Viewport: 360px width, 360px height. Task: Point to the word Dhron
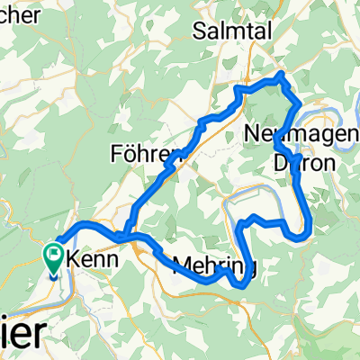point(304,163)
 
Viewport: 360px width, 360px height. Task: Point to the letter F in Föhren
point(117,151)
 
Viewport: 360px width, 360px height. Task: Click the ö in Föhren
point(129,151)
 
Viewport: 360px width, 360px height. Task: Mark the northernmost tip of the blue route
point(283,73)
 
